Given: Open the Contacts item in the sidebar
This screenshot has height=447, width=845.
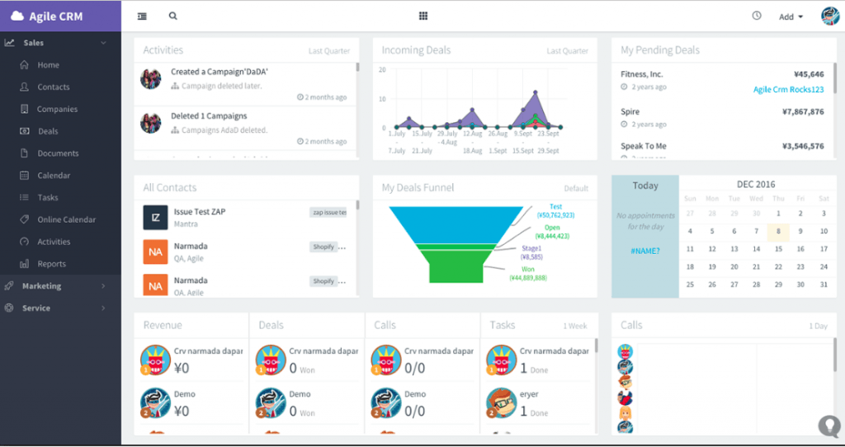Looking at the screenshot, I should (53, 87).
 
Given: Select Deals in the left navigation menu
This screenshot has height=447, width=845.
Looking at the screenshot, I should (48, 131).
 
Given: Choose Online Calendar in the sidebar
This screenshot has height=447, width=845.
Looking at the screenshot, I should (66, 219).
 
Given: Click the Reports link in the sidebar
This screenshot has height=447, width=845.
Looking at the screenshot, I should (51, 264).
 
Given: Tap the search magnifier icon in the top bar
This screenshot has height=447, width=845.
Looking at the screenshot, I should (172, 16).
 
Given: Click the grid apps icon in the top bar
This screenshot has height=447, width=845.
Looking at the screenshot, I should (423, 16).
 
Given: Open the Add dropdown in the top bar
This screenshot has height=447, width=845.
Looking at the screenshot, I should (790, 16).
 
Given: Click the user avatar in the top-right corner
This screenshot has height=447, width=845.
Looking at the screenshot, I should (828, 16).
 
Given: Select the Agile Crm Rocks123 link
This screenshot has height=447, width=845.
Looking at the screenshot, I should (788, 89).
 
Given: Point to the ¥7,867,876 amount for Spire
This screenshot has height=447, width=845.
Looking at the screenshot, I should (802, 111).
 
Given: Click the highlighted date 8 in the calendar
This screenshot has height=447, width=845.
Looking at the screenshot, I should (777, 232).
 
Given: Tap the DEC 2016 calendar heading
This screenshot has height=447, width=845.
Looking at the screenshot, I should (755, 185).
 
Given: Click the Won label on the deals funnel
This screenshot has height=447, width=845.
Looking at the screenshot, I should (529, 269).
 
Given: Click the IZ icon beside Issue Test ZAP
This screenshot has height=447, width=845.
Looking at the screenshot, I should (155, 217).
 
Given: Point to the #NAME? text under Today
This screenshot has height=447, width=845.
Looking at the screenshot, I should (644, 250).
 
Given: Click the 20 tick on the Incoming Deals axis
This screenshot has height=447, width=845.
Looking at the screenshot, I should (382, 70).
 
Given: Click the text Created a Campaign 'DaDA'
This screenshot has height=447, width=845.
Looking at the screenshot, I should (219, 72).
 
